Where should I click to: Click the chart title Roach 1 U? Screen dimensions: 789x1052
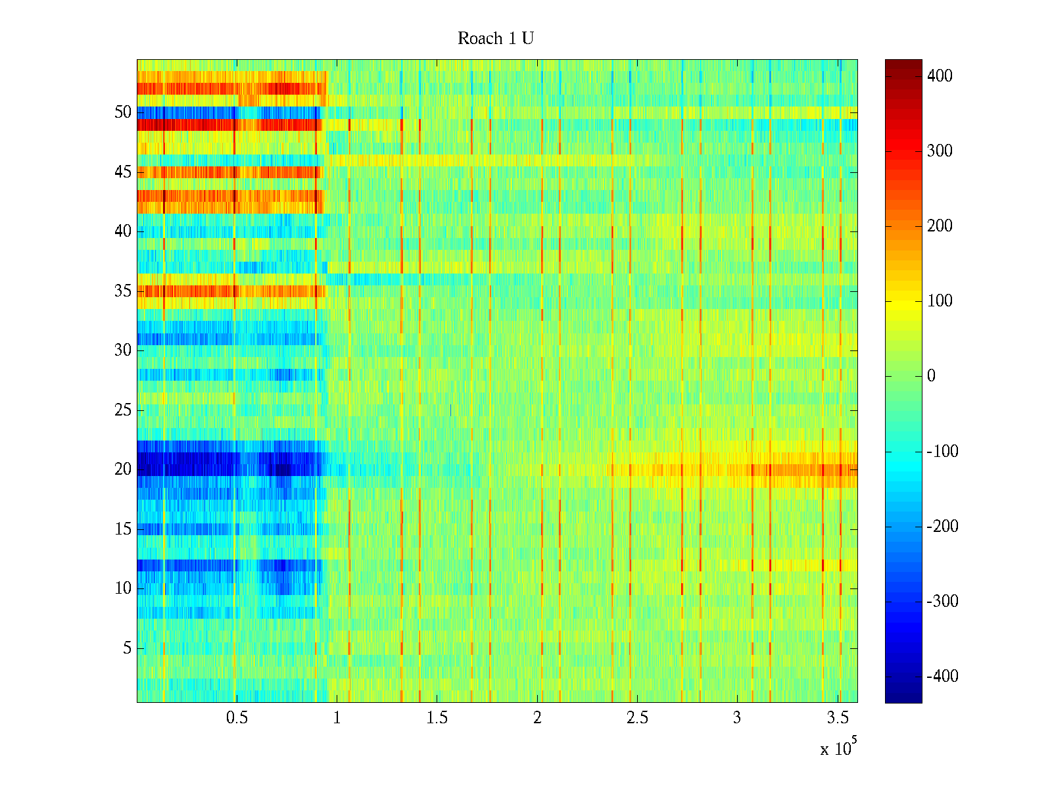[x=495, y=39]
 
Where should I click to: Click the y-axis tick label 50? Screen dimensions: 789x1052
[x=123, y=112]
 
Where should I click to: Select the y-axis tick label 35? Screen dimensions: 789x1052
[x=123, y=291]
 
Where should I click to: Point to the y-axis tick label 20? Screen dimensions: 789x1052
[x=123, y=469]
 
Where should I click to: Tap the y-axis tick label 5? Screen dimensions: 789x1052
[x=127, y=648]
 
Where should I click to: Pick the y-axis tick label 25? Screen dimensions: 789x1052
[x=123, y=410]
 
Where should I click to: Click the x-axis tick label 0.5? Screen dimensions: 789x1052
[x=237, y=718]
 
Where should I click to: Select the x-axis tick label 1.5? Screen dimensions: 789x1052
[x=437, y=718]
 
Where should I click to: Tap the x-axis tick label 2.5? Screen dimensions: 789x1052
[x=637, y=718]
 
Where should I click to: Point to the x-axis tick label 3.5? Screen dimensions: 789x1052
[x=837, y=718]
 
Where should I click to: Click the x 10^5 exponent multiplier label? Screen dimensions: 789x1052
[x=838, y=748]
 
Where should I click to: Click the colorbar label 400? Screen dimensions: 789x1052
[x=940, y=76]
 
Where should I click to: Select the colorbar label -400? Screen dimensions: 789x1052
[x=942, y=677]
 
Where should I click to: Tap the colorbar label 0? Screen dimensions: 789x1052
[x=931, y=376]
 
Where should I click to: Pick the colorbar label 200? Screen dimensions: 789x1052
[x=940, y=226]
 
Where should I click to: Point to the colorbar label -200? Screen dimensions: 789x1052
[x=942, y=527]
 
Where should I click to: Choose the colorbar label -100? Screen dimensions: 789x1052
[x=942, y=452]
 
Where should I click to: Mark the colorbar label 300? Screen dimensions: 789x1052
[x=940, y=151]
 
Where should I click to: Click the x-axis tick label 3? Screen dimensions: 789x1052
[x=737, y=718]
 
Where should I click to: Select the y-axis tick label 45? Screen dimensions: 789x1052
[x=123, y=172]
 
